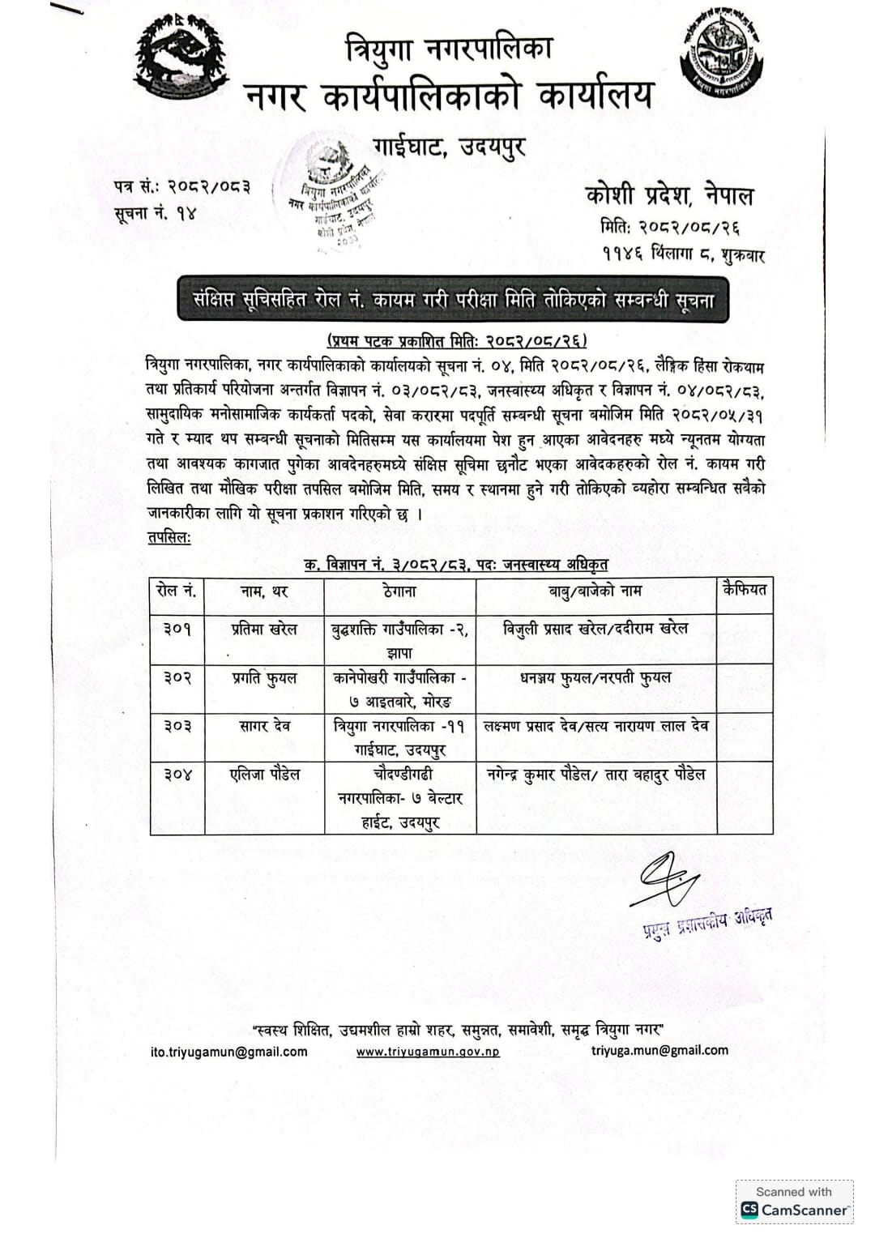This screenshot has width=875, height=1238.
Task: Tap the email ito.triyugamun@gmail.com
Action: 229,1052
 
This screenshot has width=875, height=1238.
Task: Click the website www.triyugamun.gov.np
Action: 428,1052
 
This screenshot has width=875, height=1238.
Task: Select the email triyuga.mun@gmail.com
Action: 659,1050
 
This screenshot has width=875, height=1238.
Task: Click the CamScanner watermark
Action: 794,1202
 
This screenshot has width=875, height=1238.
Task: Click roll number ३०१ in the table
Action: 177,629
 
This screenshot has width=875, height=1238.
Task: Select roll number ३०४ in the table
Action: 177,775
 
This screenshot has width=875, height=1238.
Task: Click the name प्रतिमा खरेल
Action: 264,629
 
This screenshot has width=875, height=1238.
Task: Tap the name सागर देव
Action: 264,726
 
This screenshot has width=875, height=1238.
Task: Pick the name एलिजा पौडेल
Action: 264,775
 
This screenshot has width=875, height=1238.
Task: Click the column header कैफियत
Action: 744,589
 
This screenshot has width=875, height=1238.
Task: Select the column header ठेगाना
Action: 399,591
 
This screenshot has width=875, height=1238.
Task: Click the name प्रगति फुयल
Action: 264,678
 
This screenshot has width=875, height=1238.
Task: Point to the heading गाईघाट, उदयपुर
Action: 450,147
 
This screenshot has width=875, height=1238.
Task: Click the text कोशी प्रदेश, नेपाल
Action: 669,195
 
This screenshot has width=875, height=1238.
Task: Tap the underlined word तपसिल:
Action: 169,538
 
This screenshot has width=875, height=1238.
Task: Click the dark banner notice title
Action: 454,300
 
